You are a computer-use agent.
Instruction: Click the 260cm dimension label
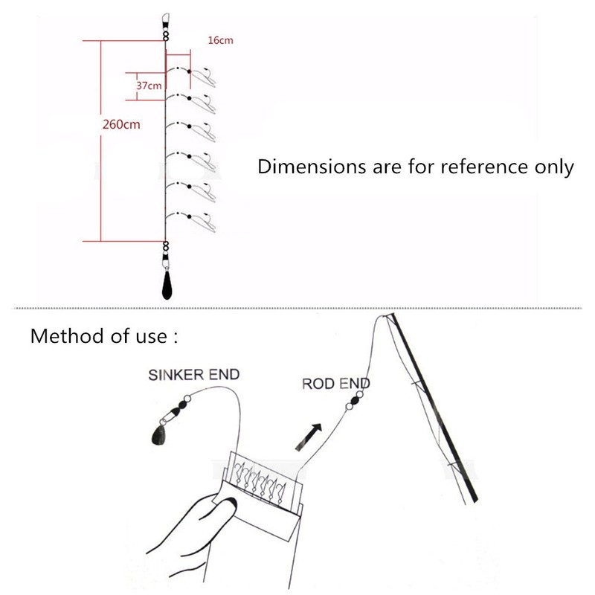tap(121, 124)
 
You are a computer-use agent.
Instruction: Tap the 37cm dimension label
tap(149, 86)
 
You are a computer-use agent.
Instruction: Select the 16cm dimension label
tap(220, 40)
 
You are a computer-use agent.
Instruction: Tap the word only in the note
tap(552, 167)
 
